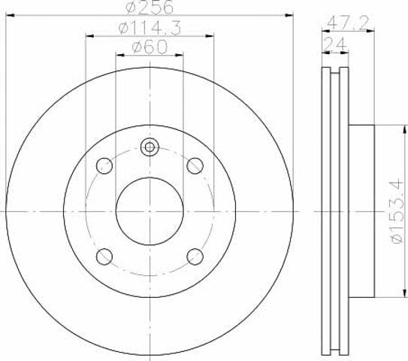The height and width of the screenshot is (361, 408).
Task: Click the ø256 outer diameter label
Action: click(150, 7)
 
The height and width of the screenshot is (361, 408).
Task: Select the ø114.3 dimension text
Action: click(150, 28)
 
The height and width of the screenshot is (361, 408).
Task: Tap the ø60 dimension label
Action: click(150, 47)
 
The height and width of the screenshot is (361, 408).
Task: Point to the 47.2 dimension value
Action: click(348, 23)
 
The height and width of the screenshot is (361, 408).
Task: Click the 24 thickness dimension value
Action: click(335, 44)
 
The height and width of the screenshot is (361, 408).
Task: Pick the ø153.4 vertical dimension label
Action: click(397, 211)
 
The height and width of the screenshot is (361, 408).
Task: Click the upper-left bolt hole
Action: click(104, 165)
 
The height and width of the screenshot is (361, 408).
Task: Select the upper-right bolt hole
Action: click(195, 165)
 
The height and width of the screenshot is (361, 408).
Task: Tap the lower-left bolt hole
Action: click(104, 256)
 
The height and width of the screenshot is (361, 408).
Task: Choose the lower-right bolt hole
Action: click(195, 256)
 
